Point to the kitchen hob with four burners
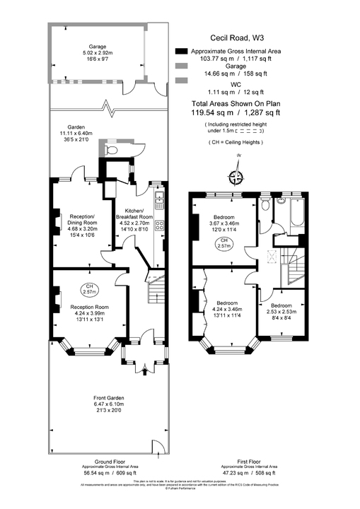(161, 226)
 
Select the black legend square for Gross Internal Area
(182, 51)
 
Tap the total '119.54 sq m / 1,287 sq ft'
(236, 112)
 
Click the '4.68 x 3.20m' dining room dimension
(83, 228)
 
